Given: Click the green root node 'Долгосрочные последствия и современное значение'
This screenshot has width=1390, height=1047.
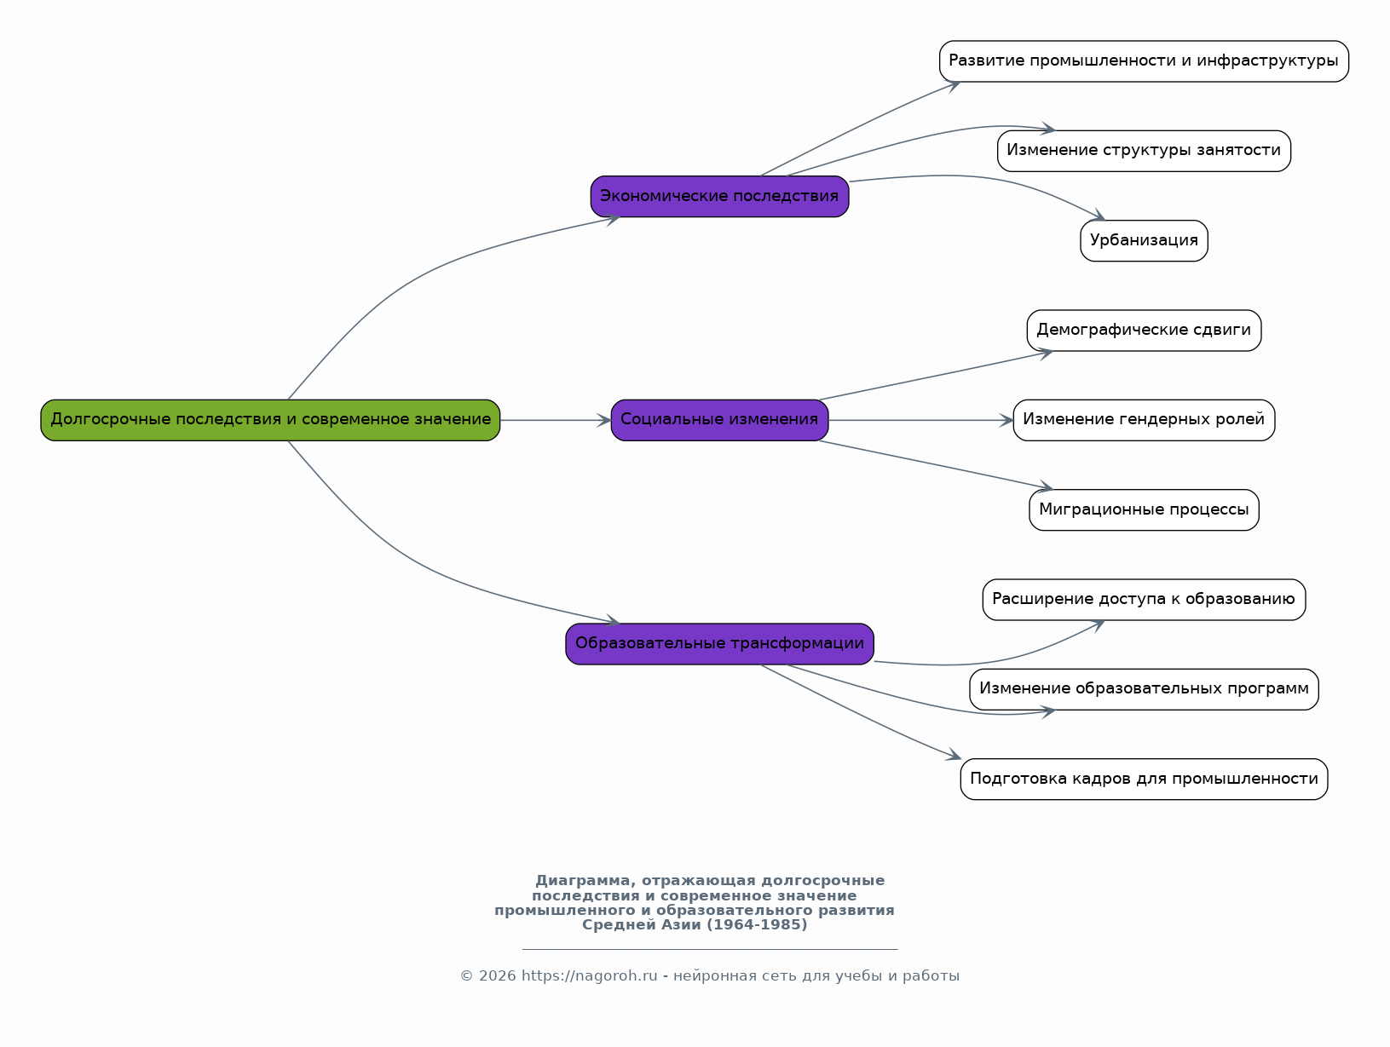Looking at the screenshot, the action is tap(270, 420).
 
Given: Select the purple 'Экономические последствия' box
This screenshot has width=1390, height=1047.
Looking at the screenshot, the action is tap(719, 196).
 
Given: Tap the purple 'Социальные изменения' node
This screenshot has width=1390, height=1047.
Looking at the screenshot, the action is tap(719, 420).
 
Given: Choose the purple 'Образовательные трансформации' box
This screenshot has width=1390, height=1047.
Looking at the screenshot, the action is tap(719, 644).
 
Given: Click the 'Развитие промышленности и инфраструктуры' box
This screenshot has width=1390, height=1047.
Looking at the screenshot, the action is tap(1144, 61).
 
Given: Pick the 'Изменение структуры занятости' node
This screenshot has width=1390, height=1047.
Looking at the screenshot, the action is tap(1144, 151).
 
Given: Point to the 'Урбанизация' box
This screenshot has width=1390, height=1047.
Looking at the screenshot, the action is tap(1144, 240).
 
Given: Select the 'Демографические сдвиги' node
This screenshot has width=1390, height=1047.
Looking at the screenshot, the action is tap(1144, 331).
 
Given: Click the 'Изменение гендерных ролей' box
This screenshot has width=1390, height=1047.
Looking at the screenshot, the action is tap(1144, 420).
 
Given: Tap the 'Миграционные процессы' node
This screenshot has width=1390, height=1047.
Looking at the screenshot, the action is tap(1144, 509).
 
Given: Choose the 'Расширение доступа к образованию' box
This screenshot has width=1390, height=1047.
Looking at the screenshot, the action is tap(1144, 600).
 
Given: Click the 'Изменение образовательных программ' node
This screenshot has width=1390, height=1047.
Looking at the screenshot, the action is tap(1144, 689).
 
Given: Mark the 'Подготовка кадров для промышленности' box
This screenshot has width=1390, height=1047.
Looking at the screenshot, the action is tap(1144, 779).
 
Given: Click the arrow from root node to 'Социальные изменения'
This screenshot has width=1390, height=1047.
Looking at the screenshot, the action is tap(556, 420).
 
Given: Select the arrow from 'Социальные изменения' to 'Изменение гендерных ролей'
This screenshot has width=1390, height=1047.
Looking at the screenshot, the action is tap(920, 420).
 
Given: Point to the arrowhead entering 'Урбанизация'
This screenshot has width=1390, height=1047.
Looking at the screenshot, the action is tap(1098, 216).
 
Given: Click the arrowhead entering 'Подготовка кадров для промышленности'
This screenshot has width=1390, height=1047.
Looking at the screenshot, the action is tap(954, 755).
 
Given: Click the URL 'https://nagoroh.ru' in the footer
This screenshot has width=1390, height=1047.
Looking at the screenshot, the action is tap(589, 976).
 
